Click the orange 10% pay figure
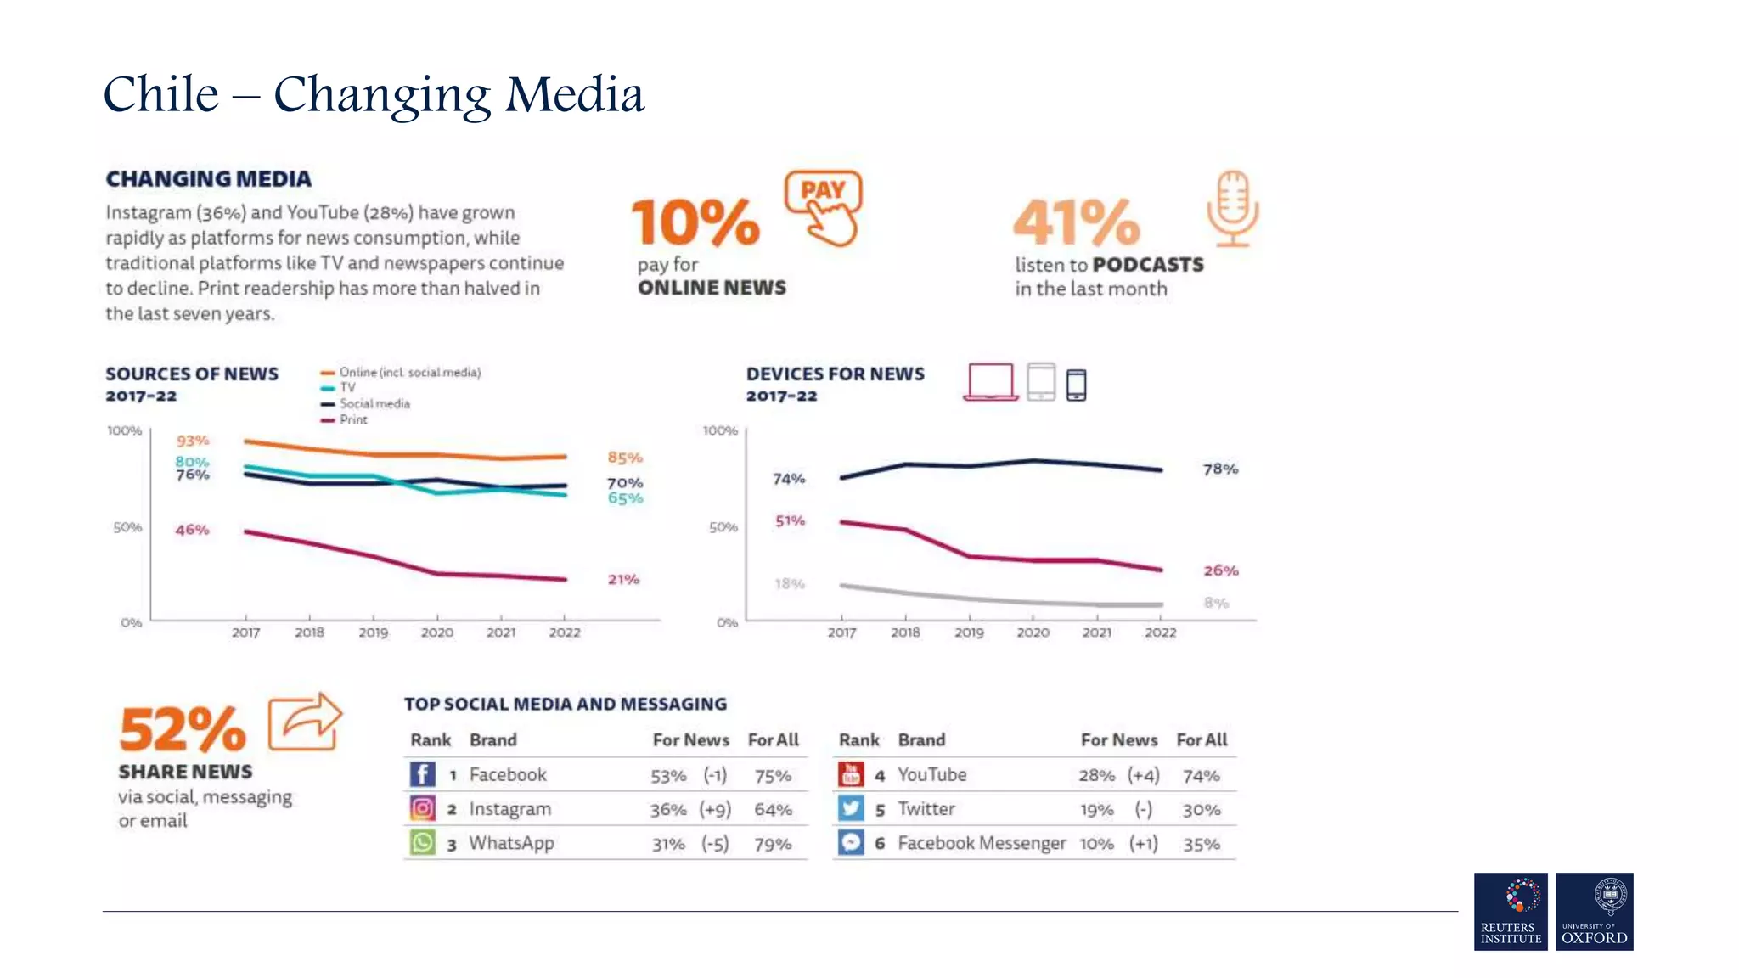point(695,222)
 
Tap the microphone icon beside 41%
point(1232,209)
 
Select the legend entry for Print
point(352,419)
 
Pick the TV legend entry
point(346,387)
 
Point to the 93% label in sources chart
point(192,441)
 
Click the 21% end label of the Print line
point(623,579)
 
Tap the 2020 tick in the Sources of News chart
point(437,632)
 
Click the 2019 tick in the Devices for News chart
point(969,632)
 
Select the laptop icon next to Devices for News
point(990,382)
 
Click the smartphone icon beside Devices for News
point(1076,385)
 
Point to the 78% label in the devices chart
point(1220,469)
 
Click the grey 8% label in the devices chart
point(1216,603)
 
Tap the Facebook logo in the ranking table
point(423,774)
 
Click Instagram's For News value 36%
point(668,810)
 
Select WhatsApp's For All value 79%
point(773,844)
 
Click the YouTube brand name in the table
point(931,774)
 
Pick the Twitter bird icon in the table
point(851,808)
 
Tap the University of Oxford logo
point(1594,911)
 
